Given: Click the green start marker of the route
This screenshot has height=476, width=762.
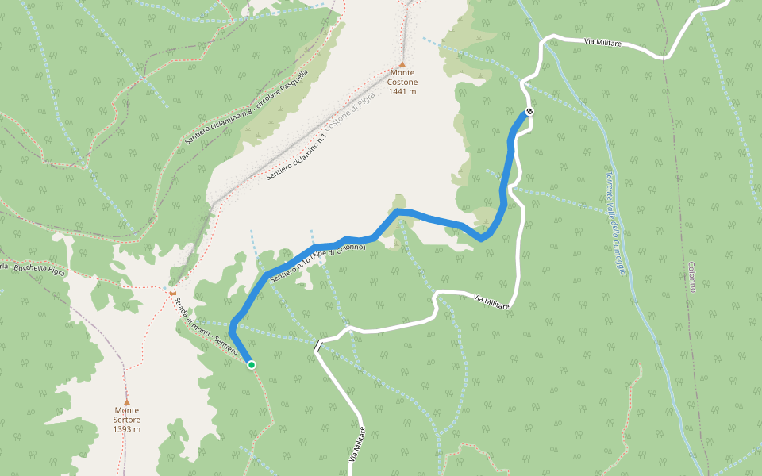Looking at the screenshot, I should tap(252, 365).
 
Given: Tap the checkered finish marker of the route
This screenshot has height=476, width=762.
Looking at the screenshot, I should tap(529, 111).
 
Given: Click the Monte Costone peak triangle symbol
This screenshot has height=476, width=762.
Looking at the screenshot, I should tap(402, 64).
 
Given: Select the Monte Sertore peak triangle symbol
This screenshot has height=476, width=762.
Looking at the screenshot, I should tap(126, 401).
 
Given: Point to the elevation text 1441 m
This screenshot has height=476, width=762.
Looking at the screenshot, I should tap(402, 92).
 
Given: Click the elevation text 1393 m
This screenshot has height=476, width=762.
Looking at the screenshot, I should tap(126, 429).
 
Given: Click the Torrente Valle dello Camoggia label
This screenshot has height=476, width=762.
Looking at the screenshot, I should tap(616, 221).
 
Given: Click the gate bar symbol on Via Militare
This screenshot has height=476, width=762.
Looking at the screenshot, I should tap(317, 346).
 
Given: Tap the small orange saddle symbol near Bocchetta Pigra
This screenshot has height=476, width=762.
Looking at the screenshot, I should tap(172, 292).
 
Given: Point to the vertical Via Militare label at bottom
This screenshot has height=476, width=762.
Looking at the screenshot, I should tap(357, 445).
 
